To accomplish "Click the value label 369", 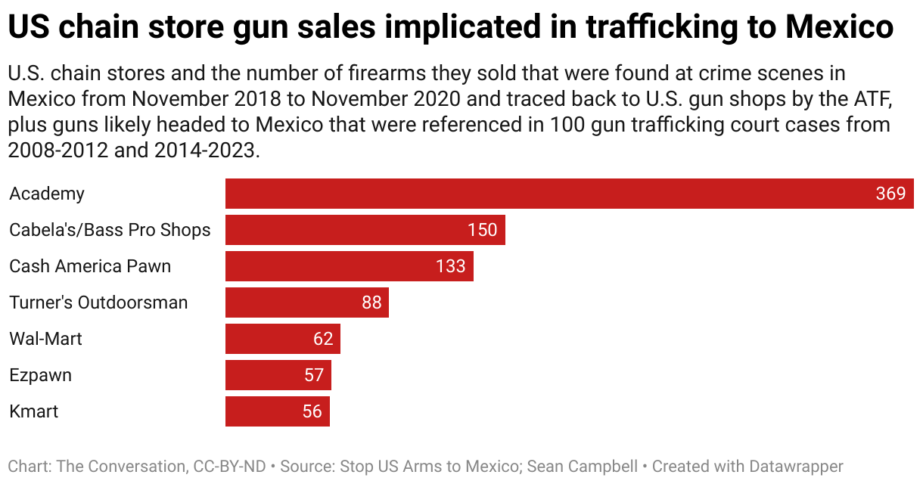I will [x=890, y=194].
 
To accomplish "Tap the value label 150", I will [x=482, y=230].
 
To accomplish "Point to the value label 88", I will [x=371, y=302].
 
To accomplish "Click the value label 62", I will [x=323, y=339].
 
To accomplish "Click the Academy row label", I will [x=47, y=194].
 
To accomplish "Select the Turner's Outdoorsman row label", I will [x=98, y=302].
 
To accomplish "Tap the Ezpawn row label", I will [x=40, y=375].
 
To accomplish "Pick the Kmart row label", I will [x=33, y=411].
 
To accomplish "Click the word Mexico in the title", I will [x=839, y=29].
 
